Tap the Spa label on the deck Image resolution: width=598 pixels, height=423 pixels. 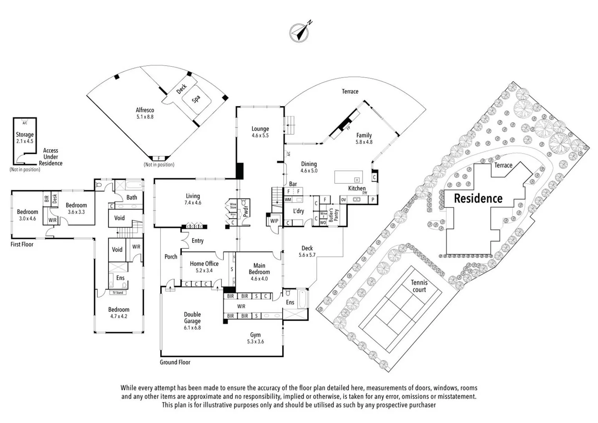pyautogui.click(x=196, y=99)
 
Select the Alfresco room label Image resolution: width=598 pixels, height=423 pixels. pyautogui.click(x=145, y=110)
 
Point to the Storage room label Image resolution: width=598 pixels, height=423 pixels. pyautogui.click(x=25, y=134)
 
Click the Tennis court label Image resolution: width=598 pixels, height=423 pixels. pyautogui.click(x=419, y=286)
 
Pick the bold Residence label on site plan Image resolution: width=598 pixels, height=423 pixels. pyautogui.click(x=478, y=198)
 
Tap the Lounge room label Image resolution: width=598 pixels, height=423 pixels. pyautogui.click(x=260, y=129)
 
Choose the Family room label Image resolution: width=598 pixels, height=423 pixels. pyautogui.click(x=364, y=136)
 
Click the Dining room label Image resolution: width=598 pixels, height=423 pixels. pyautogui.click(x=309, y=164)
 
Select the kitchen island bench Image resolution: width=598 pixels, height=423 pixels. pyautogui.click(x=348, y=177)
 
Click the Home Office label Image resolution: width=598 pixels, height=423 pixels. pyautogui.click(x=204, y=264)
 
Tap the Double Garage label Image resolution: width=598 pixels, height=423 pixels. pyautogui.click(x=192, y=318)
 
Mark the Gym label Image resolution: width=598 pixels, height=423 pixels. pyautogui.click(x=256, y=335)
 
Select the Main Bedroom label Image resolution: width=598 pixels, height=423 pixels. pyautogui.click(x=259, y=269)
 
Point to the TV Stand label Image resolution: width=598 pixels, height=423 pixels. pyautogui.click(x=118, y=293)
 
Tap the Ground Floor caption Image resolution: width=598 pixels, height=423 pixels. pyautogui.click(x=175, y=362)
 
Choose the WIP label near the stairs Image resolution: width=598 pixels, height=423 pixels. pyautogui.click(x=274, y=221)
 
